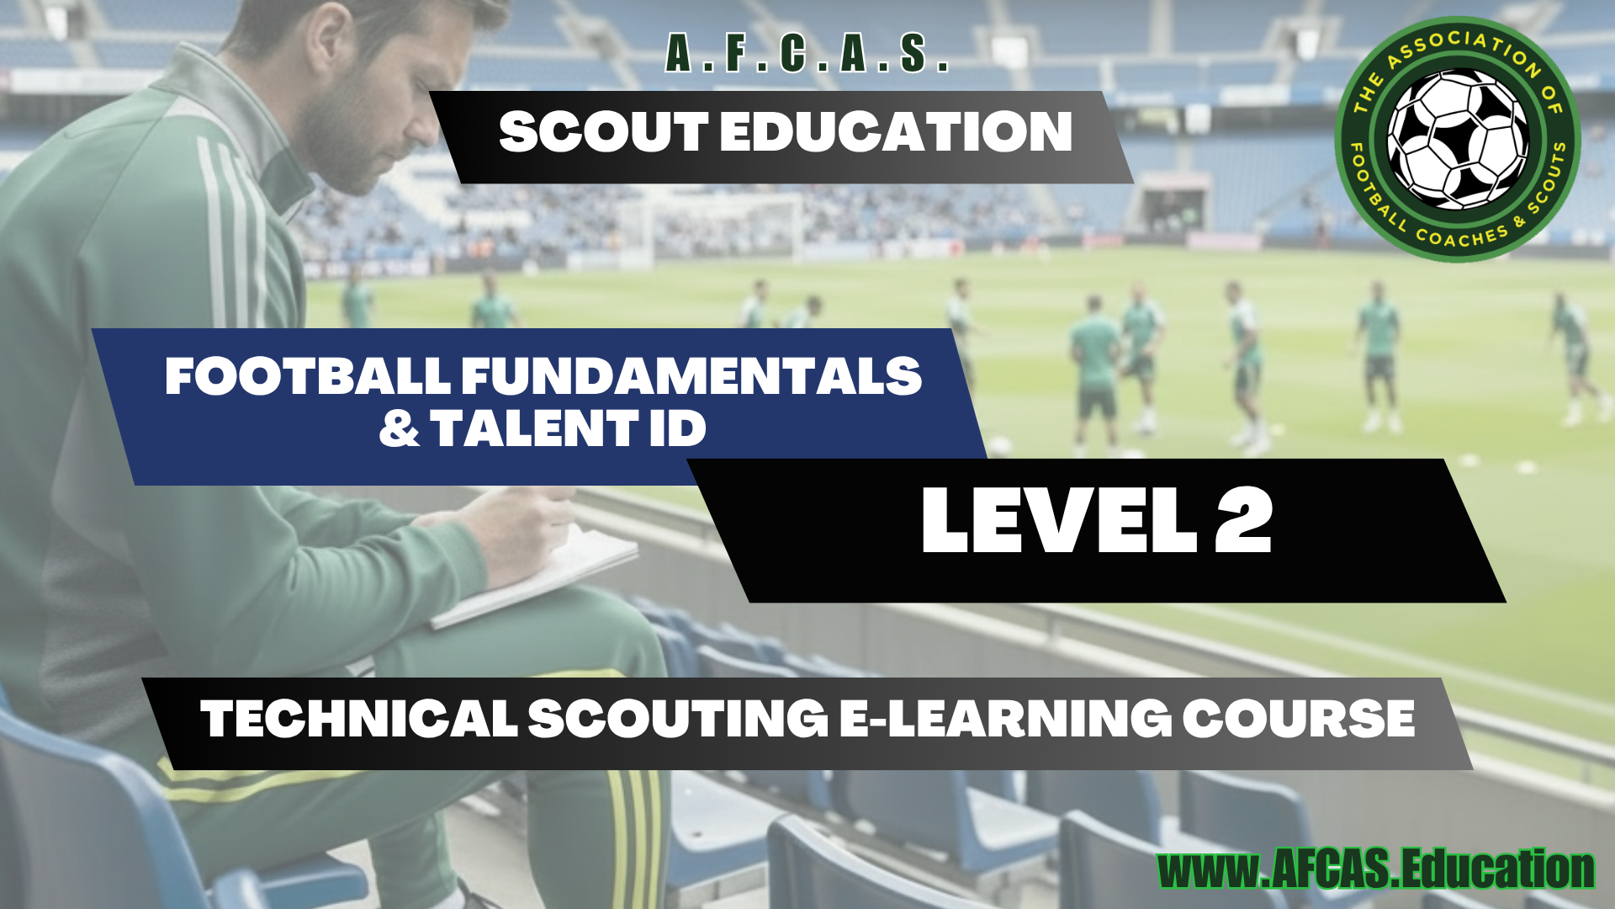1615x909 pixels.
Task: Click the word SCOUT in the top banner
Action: (604, 132)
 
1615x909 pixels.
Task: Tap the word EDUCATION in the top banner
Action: (897, 132)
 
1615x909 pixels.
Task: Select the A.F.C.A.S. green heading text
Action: (807, 54)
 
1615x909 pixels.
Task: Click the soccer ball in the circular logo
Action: (1458, 140)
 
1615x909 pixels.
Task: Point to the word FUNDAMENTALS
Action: (691, 375)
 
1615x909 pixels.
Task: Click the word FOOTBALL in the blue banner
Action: (308, 375)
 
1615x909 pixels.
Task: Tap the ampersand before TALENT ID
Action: (399, 428)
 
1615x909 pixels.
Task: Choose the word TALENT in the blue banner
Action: (534, 428)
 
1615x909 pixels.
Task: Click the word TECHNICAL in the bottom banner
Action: (359, 719)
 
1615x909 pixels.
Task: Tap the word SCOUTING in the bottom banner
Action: (678, 719)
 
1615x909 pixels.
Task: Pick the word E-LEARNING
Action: (1005, 719)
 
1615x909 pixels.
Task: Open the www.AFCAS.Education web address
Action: (1376, 869)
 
